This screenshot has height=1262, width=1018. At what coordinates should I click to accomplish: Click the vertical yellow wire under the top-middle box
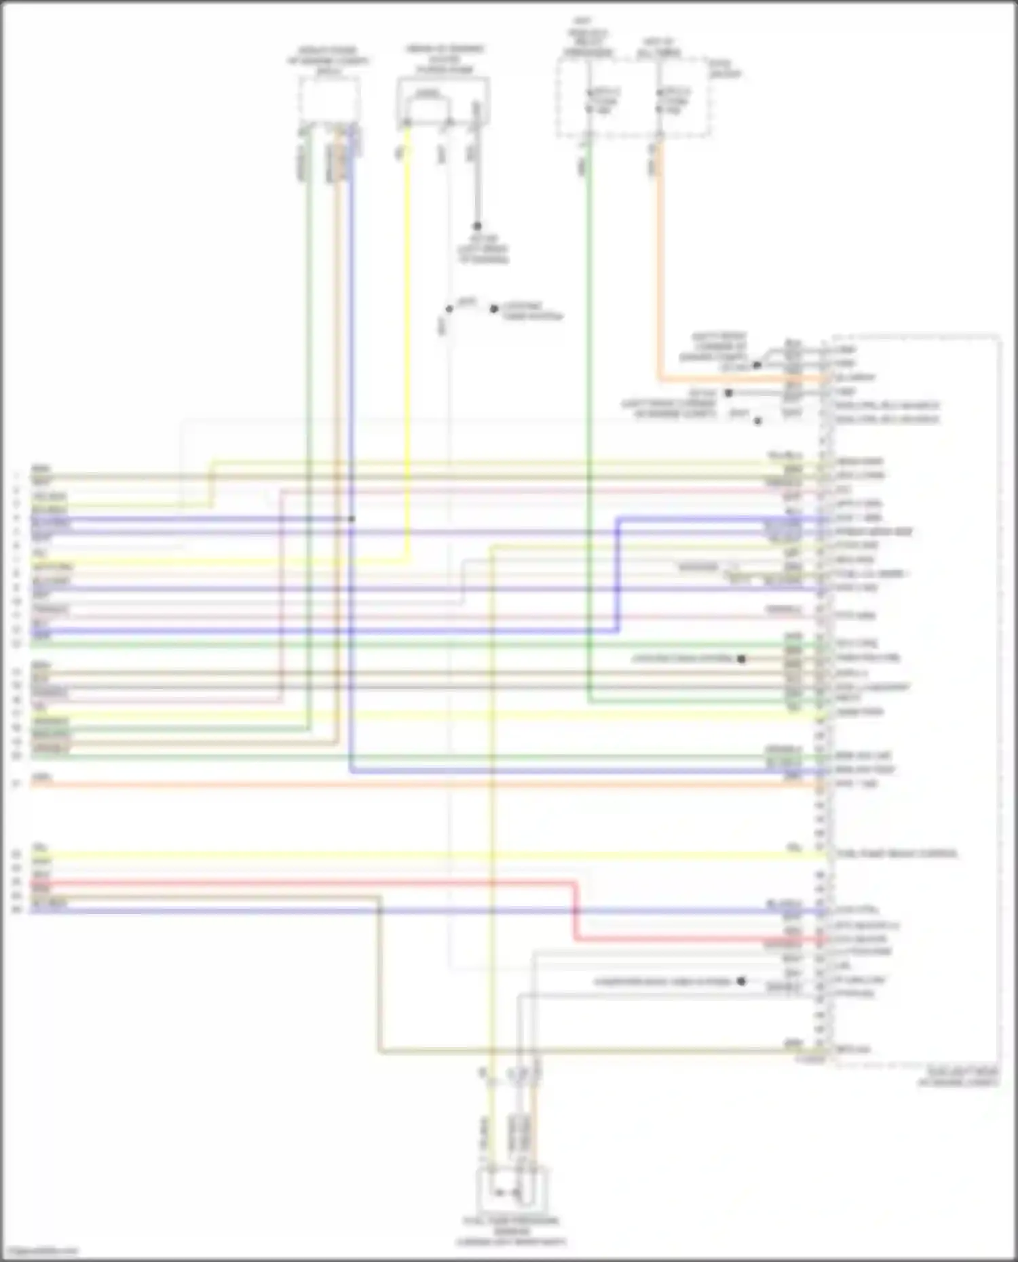tap(407, 339)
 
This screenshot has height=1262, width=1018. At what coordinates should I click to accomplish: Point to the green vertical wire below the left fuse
tap(588, 407)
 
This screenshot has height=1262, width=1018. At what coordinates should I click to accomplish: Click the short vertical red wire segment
tap(576, 912)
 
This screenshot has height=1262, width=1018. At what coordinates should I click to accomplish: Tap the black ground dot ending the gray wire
tap(477, 226)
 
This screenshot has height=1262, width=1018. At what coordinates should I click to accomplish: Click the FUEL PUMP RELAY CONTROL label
tap(896, 853)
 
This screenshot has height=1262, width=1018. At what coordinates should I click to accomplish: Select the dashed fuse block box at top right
tap(635, 98)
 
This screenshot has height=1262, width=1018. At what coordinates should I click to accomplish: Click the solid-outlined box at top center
tap(443, 102)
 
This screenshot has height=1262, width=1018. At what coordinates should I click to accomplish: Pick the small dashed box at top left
tap(329, 100)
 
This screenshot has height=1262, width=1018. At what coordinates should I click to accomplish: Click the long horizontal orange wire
tap(407, 785)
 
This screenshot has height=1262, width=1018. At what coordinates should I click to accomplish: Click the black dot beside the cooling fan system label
tap(741, 658)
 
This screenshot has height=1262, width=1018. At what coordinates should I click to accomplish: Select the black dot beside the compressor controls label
tap(741, 981)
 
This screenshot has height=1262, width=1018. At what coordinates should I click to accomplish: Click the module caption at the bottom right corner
tap(958, 1077)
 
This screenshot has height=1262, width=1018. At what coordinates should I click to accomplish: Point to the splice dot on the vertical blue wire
tap(352, 519)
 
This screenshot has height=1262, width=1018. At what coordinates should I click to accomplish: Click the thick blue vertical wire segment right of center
tap(618, 576)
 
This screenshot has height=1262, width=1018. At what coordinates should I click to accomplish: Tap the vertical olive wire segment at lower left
tap(380, 977)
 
